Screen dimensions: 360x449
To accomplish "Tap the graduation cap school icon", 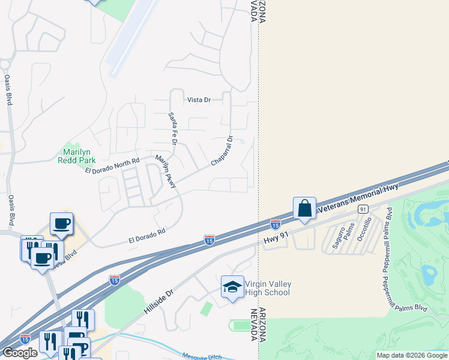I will click(x=232, y=287).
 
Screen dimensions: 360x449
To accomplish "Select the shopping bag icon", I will click(x=304, y=209).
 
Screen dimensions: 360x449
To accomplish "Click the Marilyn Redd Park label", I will click(x=77, y=156).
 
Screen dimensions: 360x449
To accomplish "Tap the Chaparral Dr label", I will click(x=221, y=151).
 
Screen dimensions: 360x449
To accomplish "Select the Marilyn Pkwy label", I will click(x=166, y=172).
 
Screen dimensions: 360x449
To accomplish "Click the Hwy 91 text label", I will click(x=276, y=239).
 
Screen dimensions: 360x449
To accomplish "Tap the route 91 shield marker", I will click(x=363, y=209).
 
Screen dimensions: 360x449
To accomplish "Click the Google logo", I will click(x=20, y=353).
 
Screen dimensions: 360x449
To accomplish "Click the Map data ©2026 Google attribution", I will click(x=412, y=355).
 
